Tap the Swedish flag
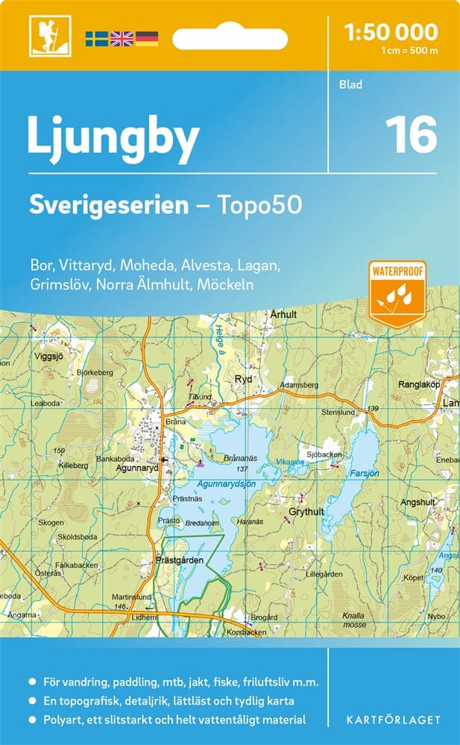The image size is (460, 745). click(96, 37)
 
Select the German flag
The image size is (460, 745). click(147, 37)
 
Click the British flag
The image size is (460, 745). click(122, 37)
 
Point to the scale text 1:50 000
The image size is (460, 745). click(391, 31)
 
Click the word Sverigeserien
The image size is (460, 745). click(108, 206)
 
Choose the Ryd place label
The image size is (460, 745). click(244, 378)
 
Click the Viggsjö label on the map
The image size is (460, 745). click(48, 356)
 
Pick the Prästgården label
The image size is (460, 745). click(176, 559)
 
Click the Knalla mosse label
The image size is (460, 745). click(353, 620)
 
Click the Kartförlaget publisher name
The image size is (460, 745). click(394, 720)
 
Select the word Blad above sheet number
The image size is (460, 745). click(350, 84)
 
